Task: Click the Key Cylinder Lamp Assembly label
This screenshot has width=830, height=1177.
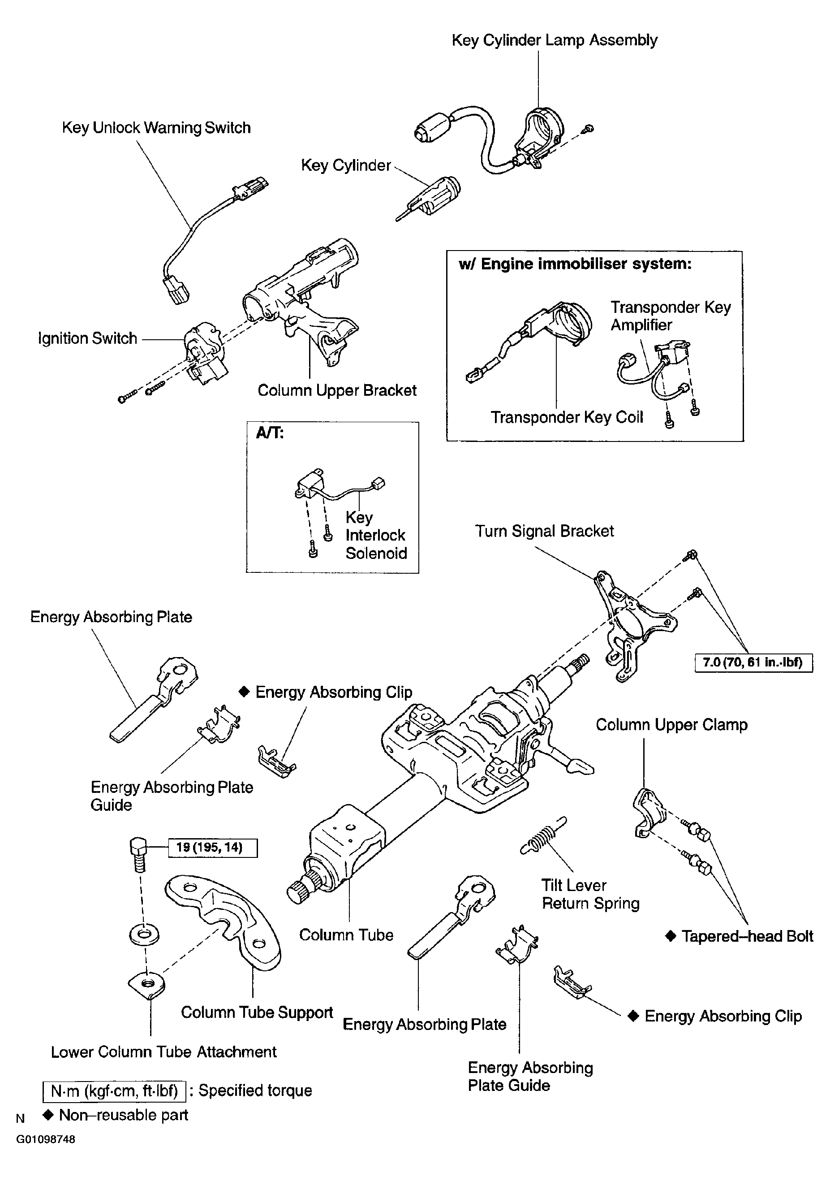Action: [x=555, y=40]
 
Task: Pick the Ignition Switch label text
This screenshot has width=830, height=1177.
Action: [x=88, y=338]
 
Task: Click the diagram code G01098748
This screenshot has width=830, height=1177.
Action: [x=46, y=1140]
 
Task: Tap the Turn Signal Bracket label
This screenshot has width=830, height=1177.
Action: [x=544, y=531]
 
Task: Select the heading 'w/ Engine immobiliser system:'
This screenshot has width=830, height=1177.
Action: [x=575, y=264]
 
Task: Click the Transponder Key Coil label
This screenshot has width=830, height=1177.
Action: [x=567, y=417]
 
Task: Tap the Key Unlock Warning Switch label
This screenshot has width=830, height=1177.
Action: [x=156, y=128]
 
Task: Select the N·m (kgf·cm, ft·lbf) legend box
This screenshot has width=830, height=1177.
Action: [x=114, y=1090]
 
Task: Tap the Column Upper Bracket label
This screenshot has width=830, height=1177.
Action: [x=337, y=391]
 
